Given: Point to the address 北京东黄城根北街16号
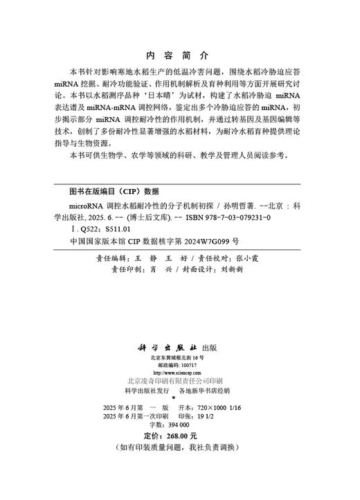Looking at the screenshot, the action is pos(177,357).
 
